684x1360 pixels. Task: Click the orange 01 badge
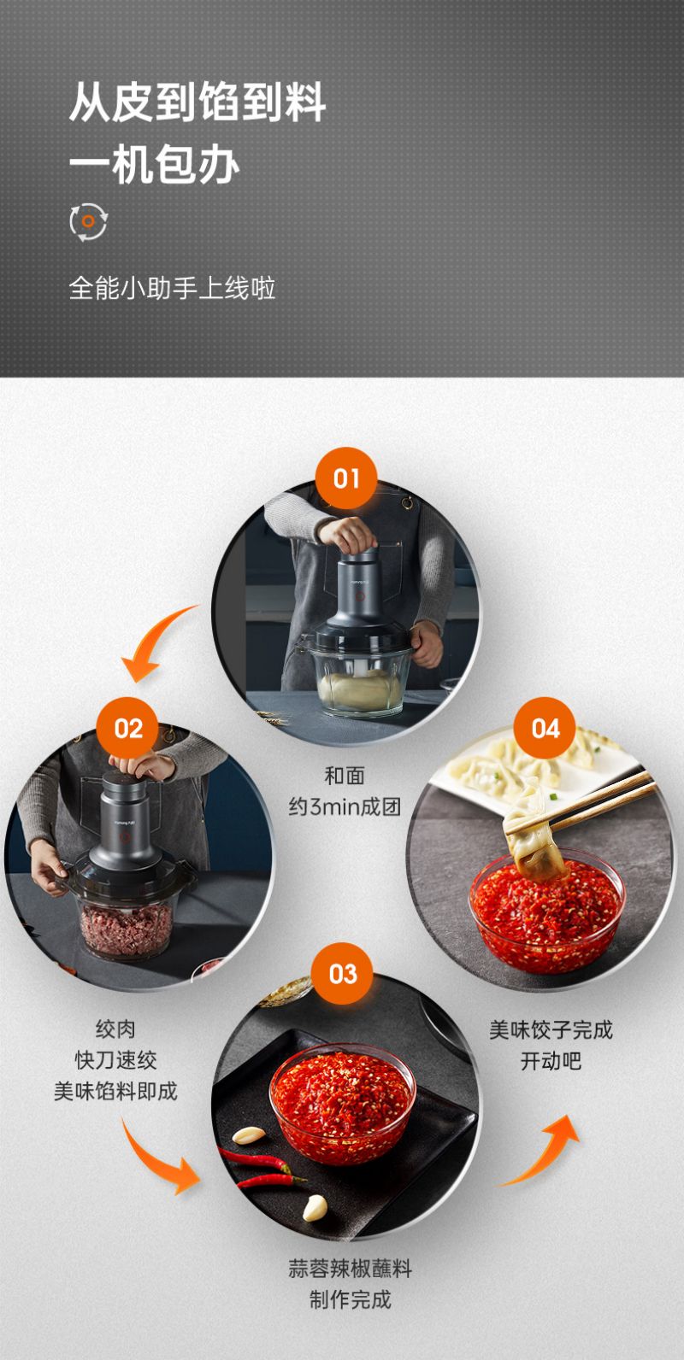(x=346, y=478)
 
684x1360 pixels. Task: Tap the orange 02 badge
(x=127, y=728)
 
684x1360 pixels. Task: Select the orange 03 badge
(x=343, y=974)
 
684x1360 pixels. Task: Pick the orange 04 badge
(x=545, y=728)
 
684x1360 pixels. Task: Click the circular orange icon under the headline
(x=88, y=221)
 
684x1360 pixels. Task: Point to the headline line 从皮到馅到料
(x=198, y=103)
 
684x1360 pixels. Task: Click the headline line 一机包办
(x=154, y=165)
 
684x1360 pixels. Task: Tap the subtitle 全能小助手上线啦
(x=172, y=288)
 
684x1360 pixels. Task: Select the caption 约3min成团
(x=345, y=807)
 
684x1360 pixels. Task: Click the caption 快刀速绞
(x=115, y=1060)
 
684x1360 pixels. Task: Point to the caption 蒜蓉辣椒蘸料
(x=350, y=1269)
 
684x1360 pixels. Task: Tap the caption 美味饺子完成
(x=551, y=1029)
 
